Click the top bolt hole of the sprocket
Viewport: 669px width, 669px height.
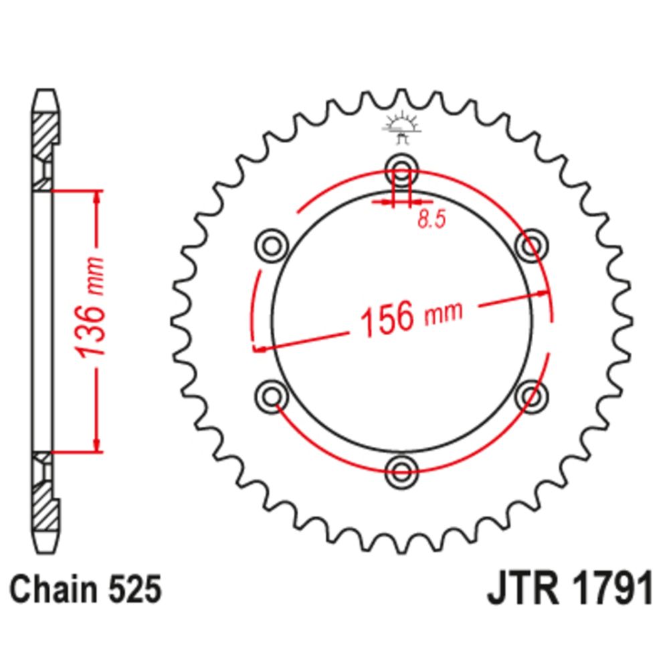point(401,170)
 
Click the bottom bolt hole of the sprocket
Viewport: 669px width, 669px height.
point(401,472)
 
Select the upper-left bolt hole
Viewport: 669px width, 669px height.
point(272,246)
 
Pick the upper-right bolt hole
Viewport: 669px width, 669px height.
point(532,246)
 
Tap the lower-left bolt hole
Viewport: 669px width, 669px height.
point(272,396)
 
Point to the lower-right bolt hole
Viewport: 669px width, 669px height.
point(532,396)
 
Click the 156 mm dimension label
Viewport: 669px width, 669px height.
point(411,318)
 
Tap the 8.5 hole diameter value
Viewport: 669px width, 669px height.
point(432,219)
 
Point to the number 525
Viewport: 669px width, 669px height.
point(135,589)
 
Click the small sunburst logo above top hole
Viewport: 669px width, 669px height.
point(401,126)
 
